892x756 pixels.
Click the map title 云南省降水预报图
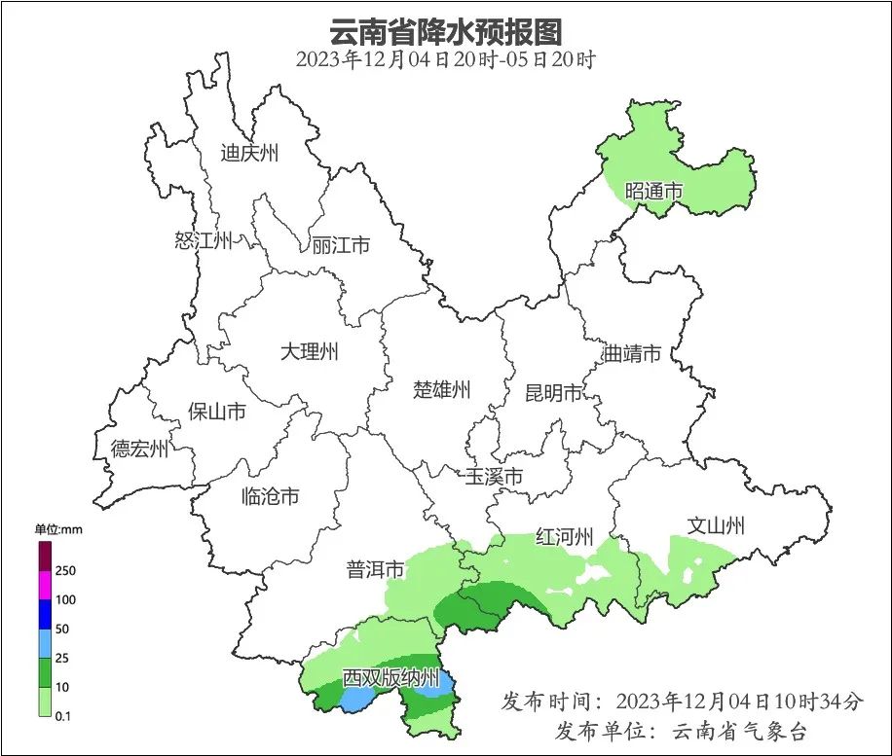[446, 32]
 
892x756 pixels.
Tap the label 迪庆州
[249, 153]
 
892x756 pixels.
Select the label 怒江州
[204, 240]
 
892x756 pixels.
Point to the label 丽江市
[341, 245]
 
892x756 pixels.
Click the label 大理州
[309, 352]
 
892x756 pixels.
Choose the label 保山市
[216, 412]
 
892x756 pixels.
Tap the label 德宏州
[139, 449]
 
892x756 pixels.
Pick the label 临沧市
[270, 496]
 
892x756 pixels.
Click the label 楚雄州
[442, 390]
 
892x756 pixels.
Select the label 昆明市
[553, 393]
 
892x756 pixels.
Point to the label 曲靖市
[632, 353]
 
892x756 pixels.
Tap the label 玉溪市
[494, 477]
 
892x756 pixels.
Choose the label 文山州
[716, 526]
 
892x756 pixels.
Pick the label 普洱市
[375, 570]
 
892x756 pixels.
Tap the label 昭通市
[653, 191]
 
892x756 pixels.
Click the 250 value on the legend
[66, 570]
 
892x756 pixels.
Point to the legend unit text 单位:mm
[60, 529]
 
